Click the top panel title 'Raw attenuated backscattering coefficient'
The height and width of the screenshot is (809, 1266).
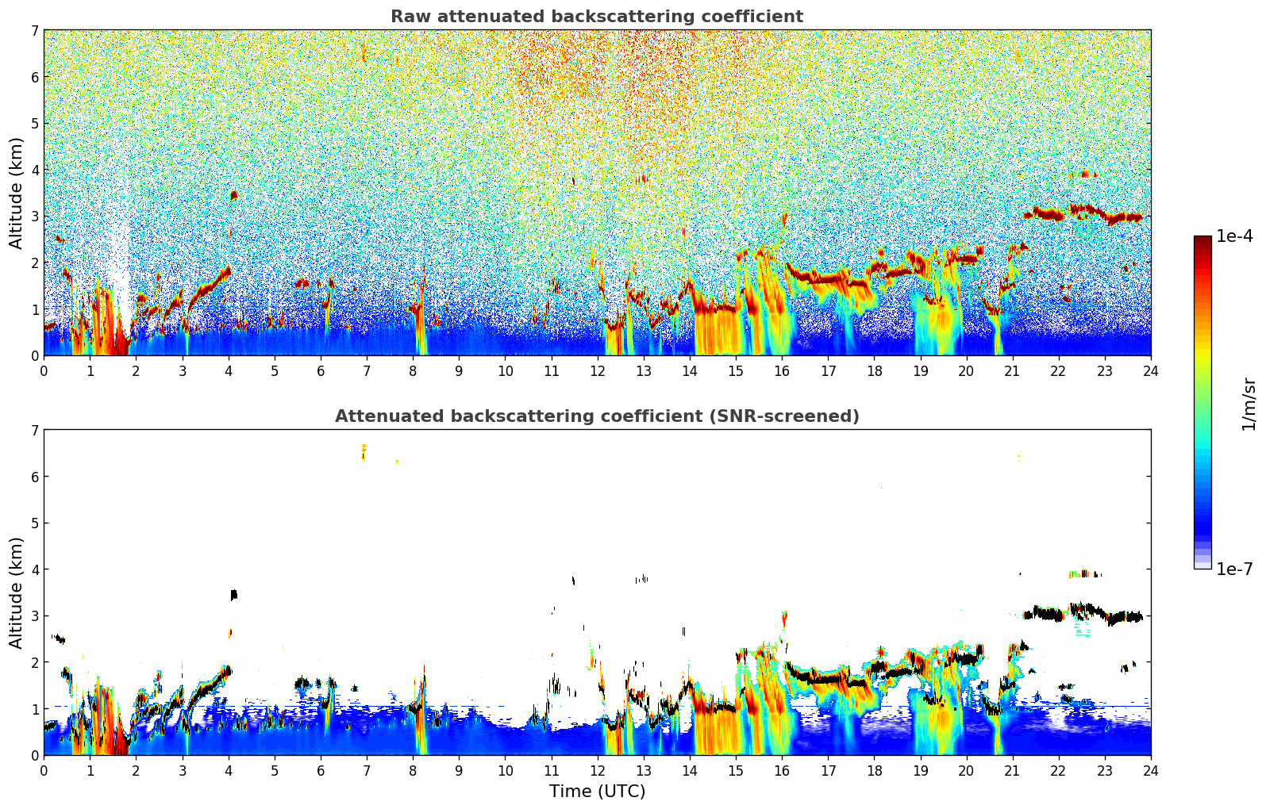pos(596,17)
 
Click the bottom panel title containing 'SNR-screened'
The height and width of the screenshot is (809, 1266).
pos(596,416)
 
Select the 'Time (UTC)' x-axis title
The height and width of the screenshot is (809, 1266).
pos(597,792)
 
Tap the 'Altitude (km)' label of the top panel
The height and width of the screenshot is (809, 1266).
pos(17,193)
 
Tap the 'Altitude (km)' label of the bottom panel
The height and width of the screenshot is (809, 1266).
pos(17,592)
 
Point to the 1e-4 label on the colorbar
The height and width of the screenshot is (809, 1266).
pos(1234,236)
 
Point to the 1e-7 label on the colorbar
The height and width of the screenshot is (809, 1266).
pos(1234,569)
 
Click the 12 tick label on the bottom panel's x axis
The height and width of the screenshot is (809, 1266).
pos(597,771)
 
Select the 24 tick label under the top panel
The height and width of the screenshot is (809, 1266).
pos(1150,371)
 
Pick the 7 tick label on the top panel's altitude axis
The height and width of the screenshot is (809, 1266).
pos(34,31)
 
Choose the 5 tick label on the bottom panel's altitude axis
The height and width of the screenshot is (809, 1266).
pos(34,523)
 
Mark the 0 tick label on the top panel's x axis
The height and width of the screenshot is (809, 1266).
pos(44,371)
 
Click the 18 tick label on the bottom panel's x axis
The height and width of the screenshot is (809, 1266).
pos(874,771)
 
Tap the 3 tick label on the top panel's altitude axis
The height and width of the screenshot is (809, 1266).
pos(34,217)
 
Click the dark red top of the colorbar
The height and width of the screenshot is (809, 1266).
pos(1202,240)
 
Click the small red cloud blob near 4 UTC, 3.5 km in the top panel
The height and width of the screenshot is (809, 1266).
pos(233,194)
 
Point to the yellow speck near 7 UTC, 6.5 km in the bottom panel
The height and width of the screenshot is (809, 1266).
pos(364,451)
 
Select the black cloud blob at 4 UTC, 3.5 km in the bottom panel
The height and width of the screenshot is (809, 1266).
pos(233,594)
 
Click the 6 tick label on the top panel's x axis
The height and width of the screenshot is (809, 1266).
pos(321,371)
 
